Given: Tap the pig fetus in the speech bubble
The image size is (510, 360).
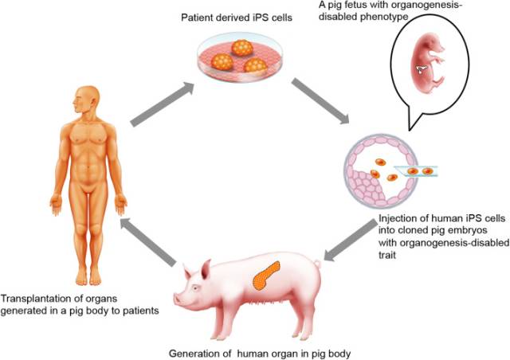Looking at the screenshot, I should click(427, 64).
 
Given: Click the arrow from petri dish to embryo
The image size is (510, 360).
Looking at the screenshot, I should click(320, 102).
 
